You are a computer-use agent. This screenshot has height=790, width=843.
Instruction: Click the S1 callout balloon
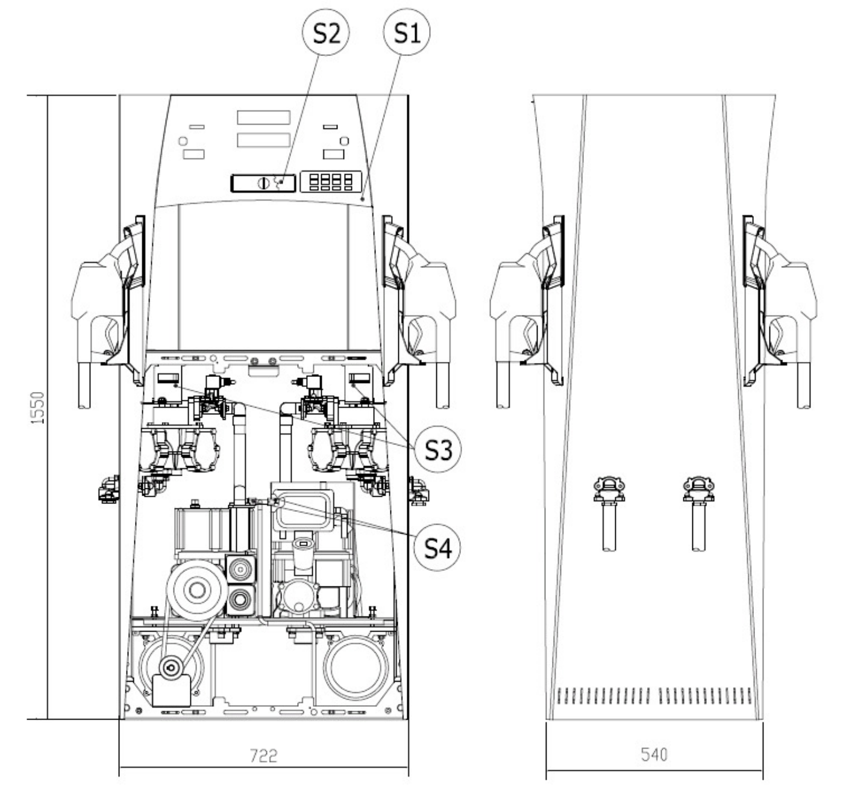pos(406,33)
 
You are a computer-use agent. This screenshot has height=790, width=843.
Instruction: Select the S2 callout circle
pos(325,33)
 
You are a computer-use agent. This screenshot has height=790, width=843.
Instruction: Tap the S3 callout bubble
pos(437,449)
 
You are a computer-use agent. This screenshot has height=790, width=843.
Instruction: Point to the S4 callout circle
pos(437,547)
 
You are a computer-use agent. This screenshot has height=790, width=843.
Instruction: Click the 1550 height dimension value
pos(38,407)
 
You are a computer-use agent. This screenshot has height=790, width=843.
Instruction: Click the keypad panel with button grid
pos(331,182)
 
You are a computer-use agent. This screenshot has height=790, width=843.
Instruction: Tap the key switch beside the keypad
pos(263,183)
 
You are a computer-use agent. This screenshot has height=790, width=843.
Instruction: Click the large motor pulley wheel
pos(196,589)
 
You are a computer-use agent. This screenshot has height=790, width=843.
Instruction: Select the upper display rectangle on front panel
pos(263,117)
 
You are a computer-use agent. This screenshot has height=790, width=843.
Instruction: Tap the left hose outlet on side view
pos(609,514)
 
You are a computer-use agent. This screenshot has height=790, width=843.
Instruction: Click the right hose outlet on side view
pos(698,514)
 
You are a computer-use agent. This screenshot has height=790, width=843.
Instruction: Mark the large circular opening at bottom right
pos(356,667)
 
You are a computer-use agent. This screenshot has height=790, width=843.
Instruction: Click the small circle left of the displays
pos(183,141)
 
